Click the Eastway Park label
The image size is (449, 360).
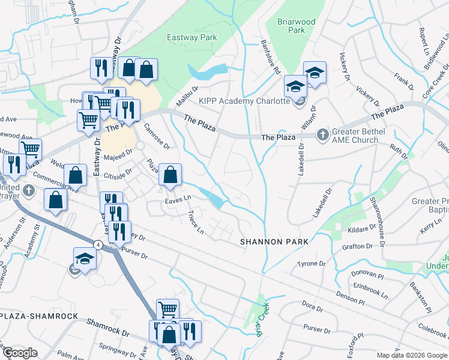point(191,37)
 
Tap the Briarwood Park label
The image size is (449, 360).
point(296,26)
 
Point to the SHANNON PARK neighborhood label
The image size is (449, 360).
point(274,241)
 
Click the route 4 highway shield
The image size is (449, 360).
point(97,244)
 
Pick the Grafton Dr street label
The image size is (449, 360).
point(358,246)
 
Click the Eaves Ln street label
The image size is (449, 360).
point(178,198)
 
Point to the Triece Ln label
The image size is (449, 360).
point(196,223)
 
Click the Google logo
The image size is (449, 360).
point(20,353)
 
